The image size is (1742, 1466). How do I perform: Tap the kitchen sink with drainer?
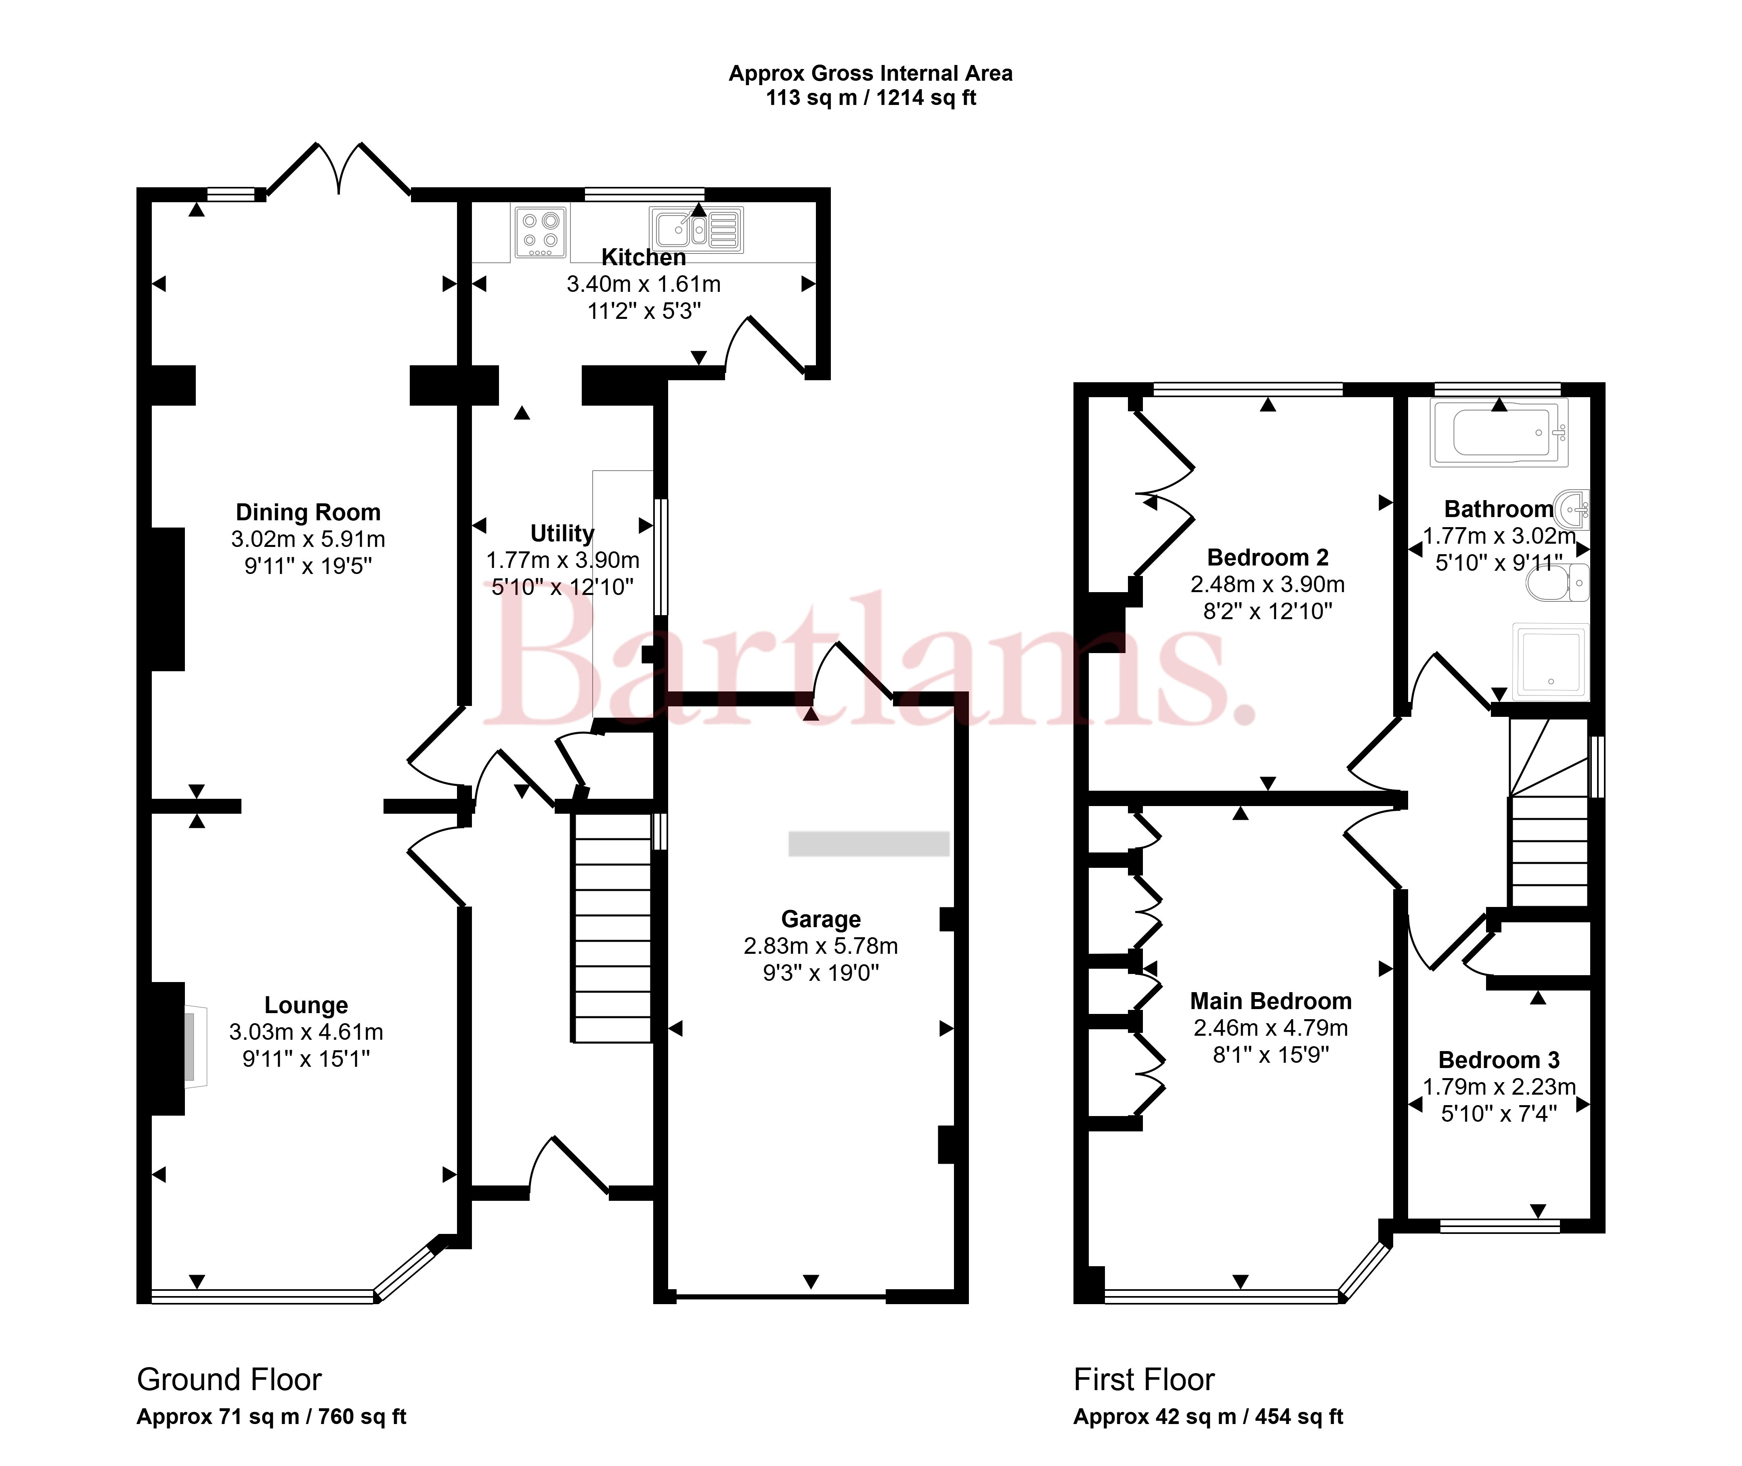pyautogui.click(x=696, y=230)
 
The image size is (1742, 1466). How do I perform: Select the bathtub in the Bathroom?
pyautogui.click(x=1499, y=432)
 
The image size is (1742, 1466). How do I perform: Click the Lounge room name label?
pyautogui.click(x=306, y=1005)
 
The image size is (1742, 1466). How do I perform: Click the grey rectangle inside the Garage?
pyautogui.click(x=868, y=844)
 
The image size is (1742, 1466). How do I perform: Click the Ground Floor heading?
pyautogui.click(x=228, y=1380)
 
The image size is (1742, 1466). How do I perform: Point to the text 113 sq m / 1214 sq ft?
pyautogui.click(x=871, y=98)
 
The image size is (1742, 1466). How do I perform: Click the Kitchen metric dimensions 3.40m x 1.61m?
pyautogui.click(x=644, y=284)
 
